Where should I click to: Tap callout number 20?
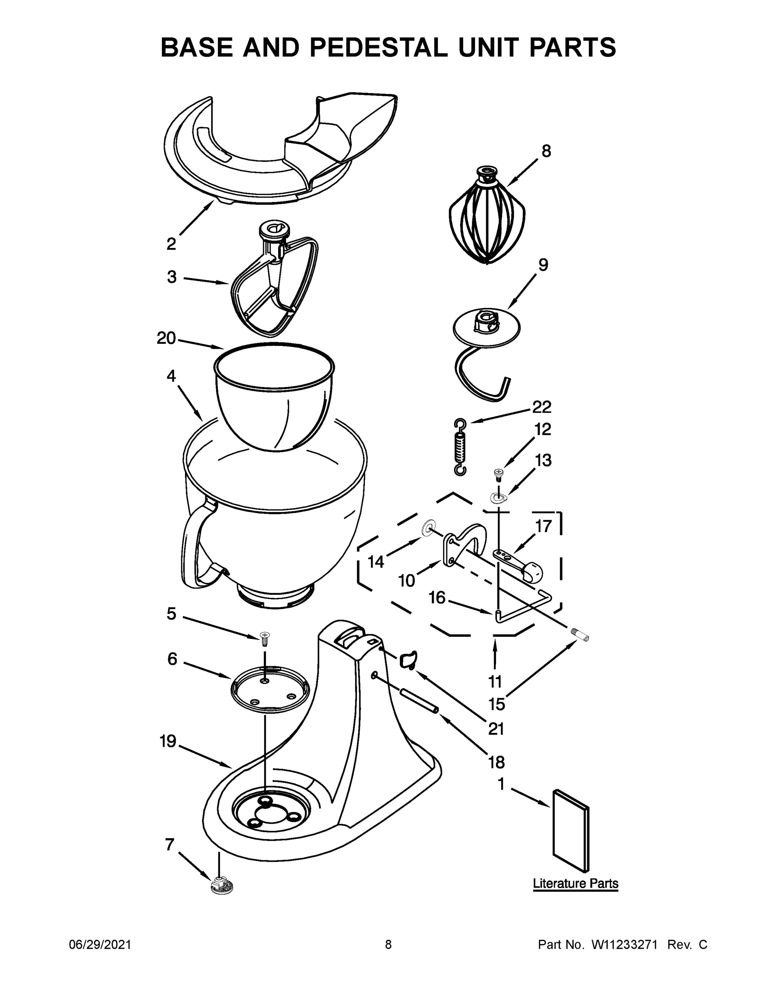click(166, 338)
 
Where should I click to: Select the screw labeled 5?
click(264, 638)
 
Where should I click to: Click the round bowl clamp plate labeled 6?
click(270, 689)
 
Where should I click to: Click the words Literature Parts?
click(575, 884)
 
